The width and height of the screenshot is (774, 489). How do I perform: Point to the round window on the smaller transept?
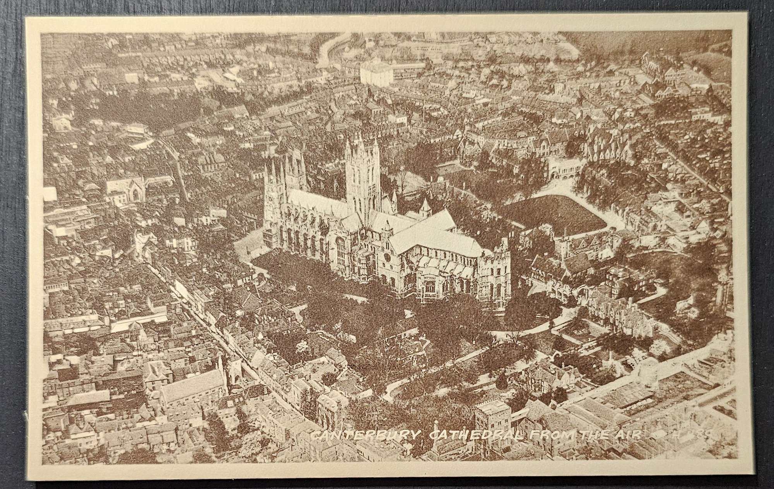(387, 257)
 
